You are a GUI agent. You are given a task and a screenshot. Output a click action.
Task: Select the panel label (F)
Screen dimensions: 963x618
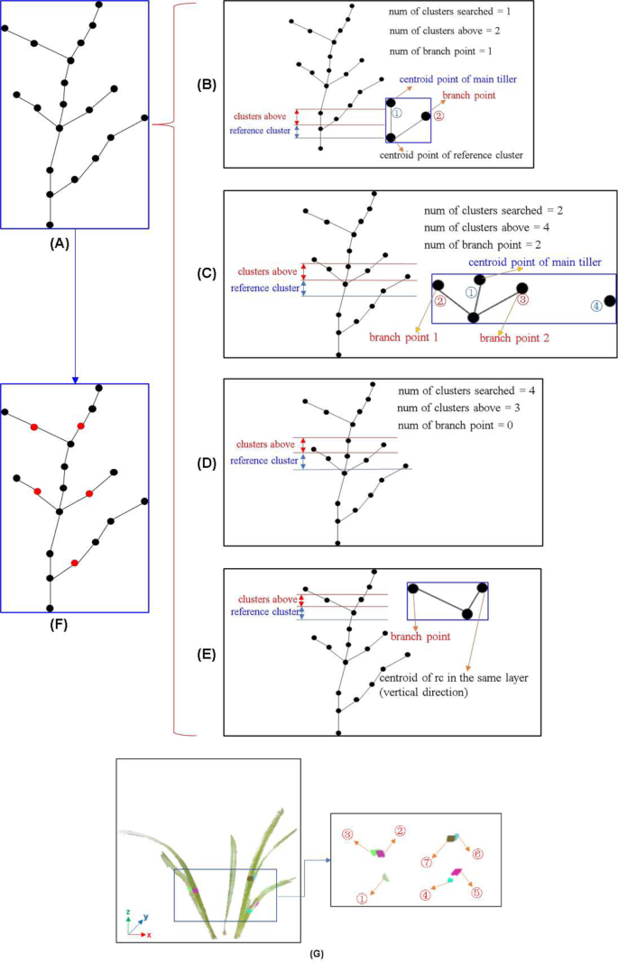coord(75,621)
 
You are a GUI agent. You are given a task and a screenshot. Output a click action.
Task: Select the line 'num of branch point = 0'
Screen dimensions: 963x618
coord(455,424)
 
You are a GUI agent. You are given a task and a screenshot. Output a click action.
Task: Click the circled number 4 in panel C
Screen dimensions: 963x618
coord(595,306)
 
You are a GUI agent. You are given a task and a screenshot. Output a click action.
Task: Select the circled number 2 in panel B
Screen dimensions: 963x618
coord(438,115)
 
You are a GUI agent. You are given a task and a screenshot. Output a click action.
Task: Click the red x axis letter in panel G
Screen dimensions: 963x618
coord(149,935)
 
